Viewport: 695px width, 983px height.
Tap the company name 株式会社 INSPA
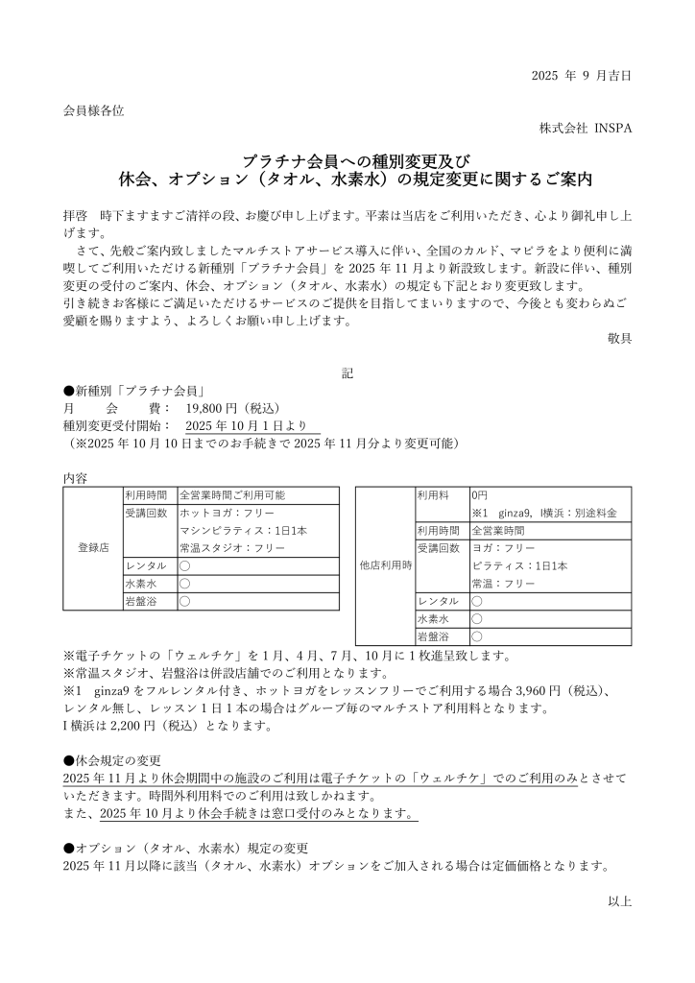[585, 129]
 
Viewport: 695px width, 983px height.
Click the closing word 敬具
[619, 338]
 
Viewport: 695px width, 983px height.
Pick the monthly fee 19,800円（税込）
[230, 407]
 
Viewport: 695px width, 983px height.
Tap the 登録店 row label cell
[92, 548]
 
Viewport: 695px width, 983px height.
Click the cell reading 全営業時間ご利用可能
[232, 495]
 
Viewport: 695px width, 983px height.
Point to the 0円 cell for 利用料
[480, 495]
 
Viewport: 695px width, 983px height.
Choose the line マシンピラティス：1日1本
[243, 531]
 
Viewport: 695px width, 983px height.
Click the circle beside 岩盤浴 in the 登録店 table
[184, 602]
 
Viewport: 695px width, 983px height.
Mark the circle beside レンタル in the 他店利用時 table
[476, 601]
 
